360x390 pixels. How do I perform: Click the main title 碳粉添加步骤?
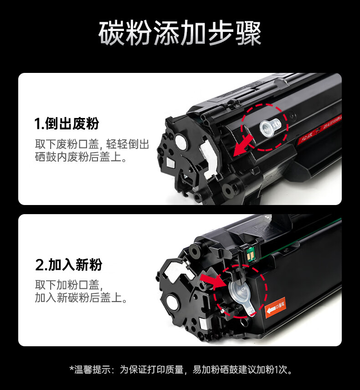point(180,34)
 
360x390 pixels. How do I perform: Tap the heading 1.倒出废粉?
point(67,123)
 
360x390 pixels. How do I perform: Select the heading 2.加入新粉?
point(69,265)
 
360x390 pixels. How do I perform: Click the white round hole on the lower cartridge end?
point(172,302)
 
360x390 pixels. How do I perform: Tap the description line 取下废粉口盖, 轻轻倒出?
point(92,145)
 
